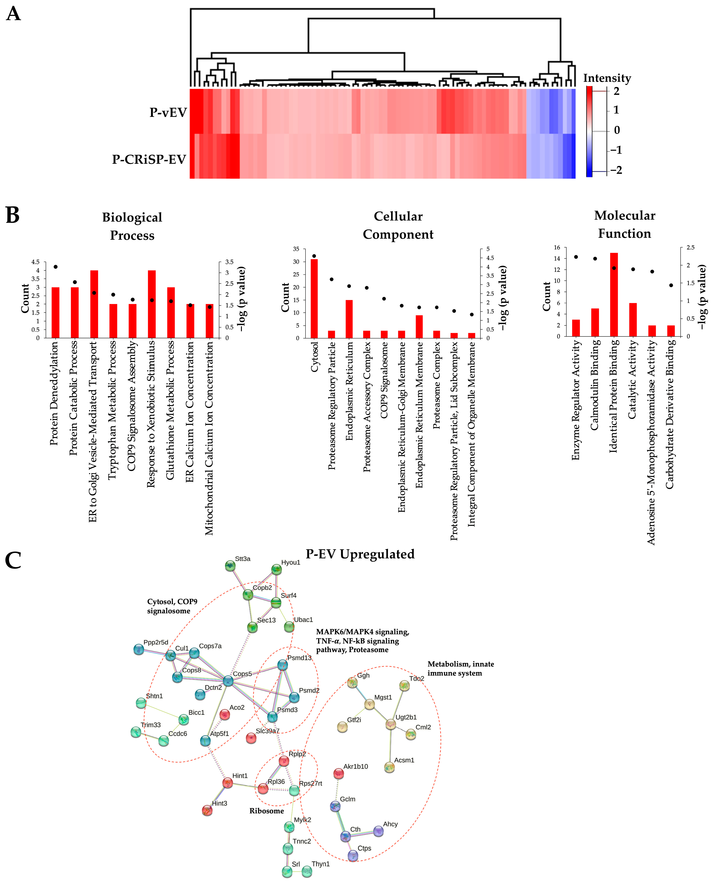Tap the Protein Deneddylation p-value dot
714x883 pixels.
coord(55,267)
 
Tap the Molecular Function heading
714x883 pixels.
coord(624,224)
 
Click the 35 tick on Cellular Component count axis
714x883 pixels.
coord(296,249)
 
